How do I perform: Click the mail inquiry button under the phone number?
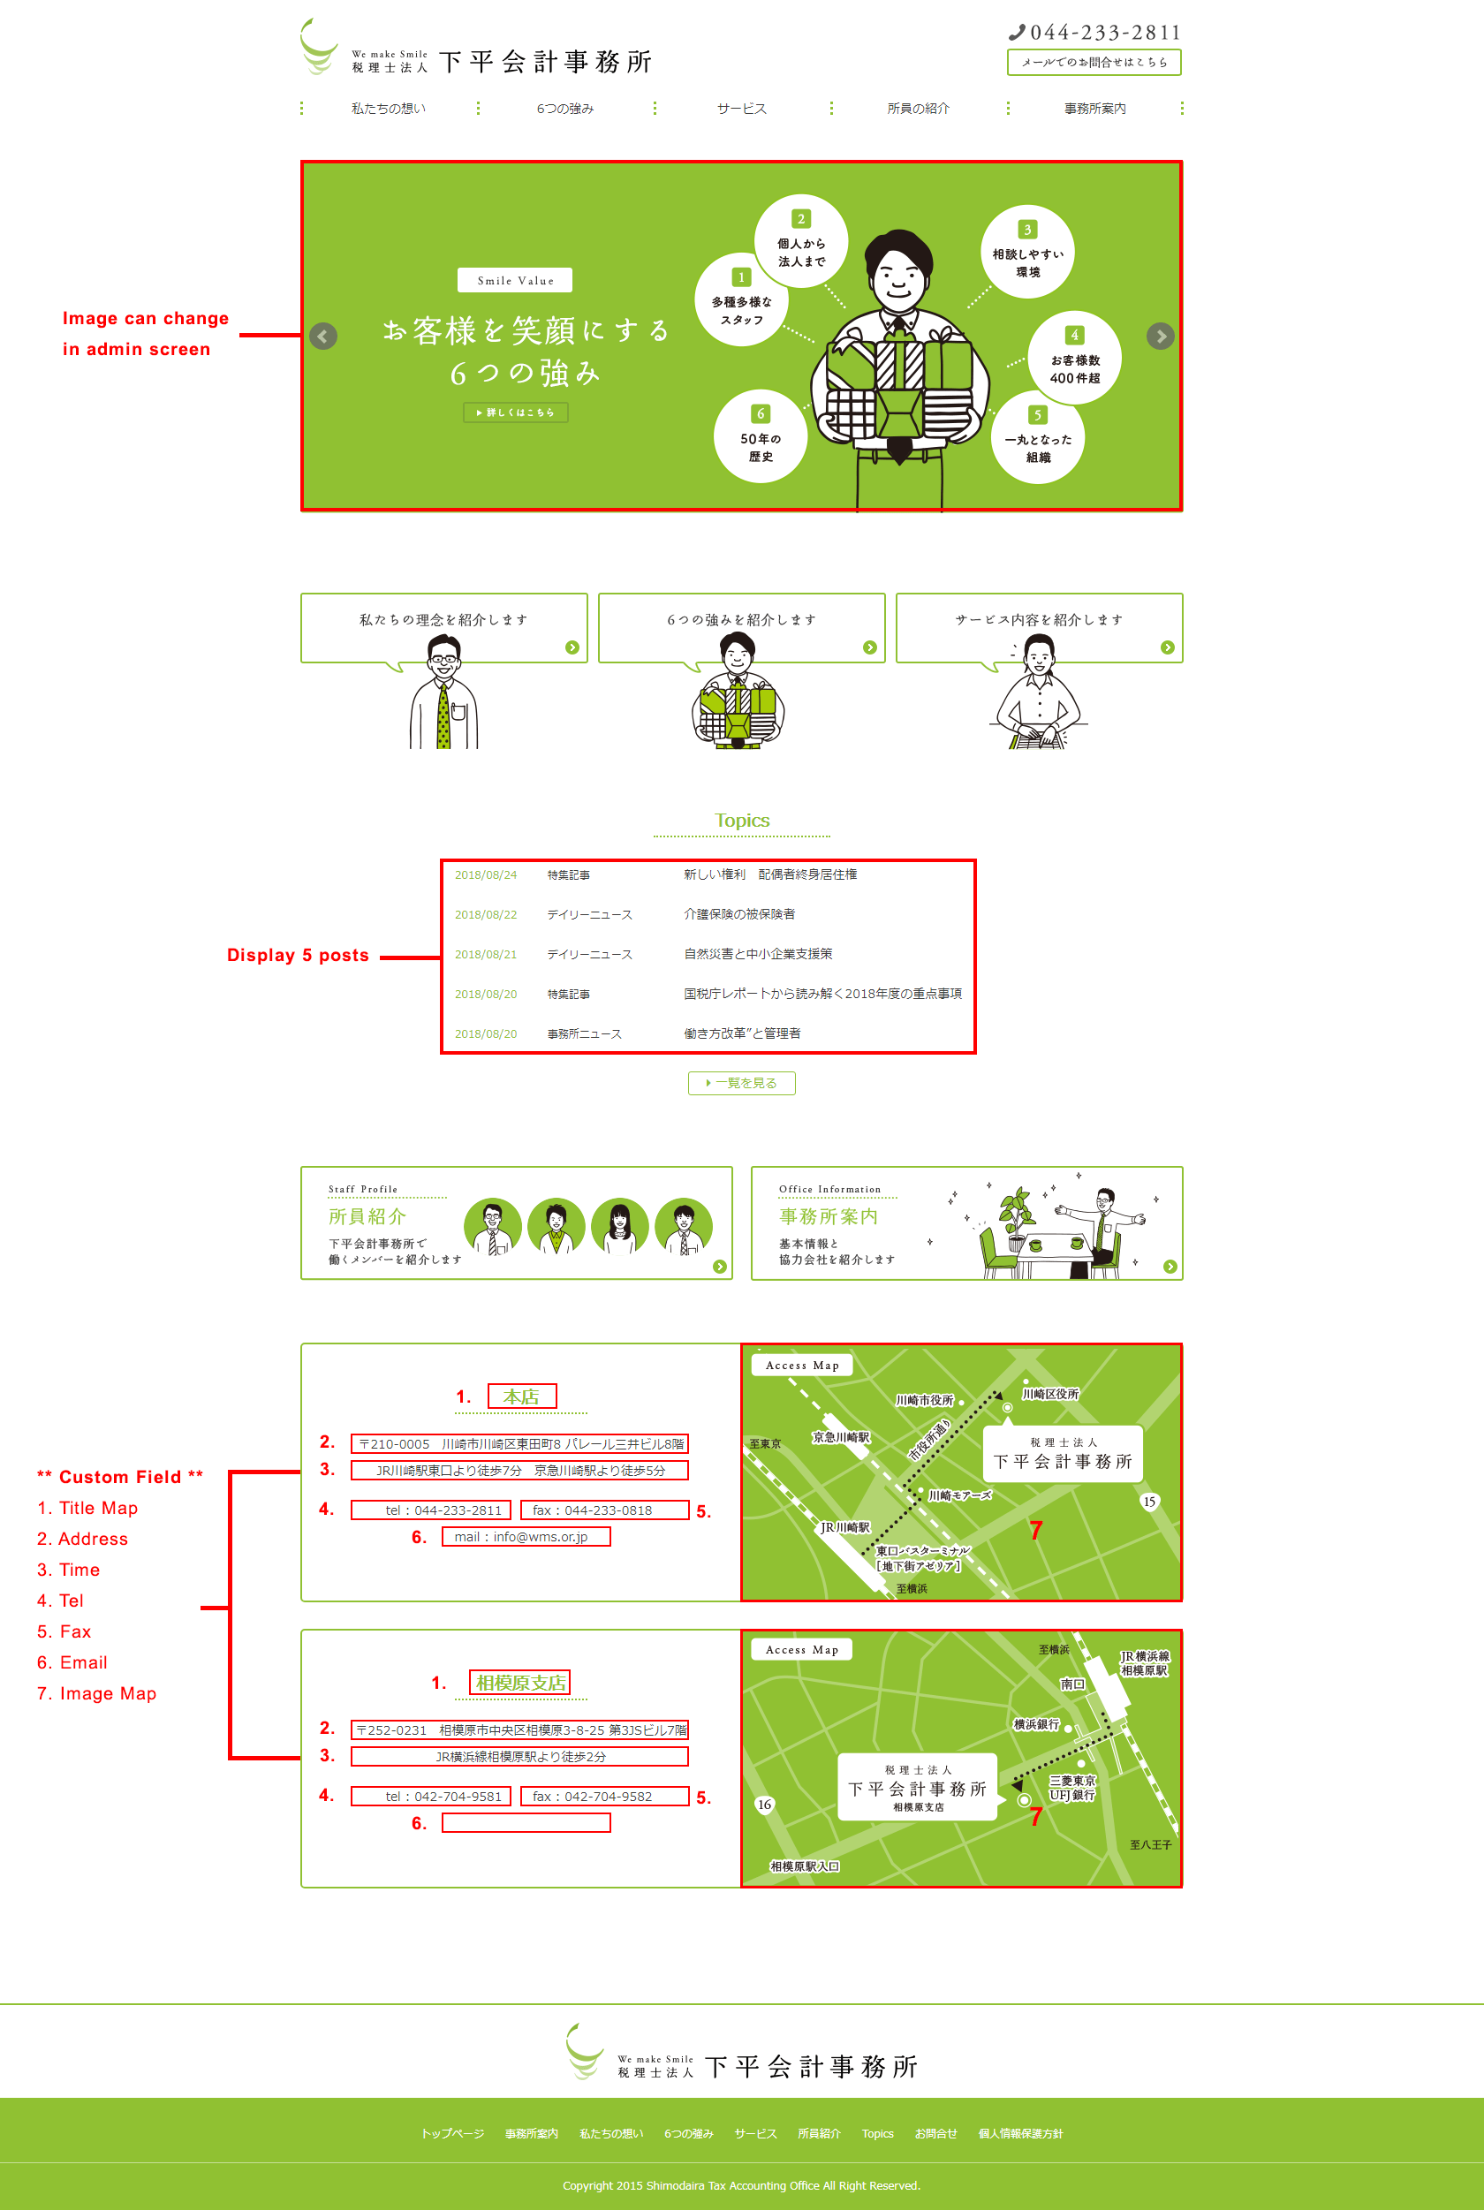coord(1094,63)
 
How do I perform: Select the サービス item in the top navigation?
coord(741,109)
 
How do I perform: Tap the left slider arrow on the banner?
coord(323,336)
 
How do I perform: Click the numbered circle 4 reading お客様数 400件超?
coord(1074,359)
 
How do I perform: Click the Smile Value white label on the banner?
coord(515,280)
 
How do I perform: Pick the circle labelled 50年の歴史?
coord(760,436)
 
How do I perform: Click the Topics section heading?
coord(741,821)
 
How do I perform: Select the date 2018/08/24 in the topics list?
coord(486,874)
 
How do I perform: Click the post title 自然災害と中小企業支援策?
coord(757,954)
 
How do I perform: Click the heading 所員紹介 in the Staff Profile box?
coord(367,1216)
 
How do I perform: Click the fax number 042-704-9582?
coord(604,1797)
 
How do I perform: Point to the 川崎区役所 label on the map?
coord(1049,1394)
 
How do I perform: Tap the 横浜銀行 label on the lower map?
coord(1035,1724)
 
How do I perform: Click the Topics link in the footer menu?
coord(877,2133)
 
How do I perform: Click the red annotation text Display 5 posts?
coord(297,955)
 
